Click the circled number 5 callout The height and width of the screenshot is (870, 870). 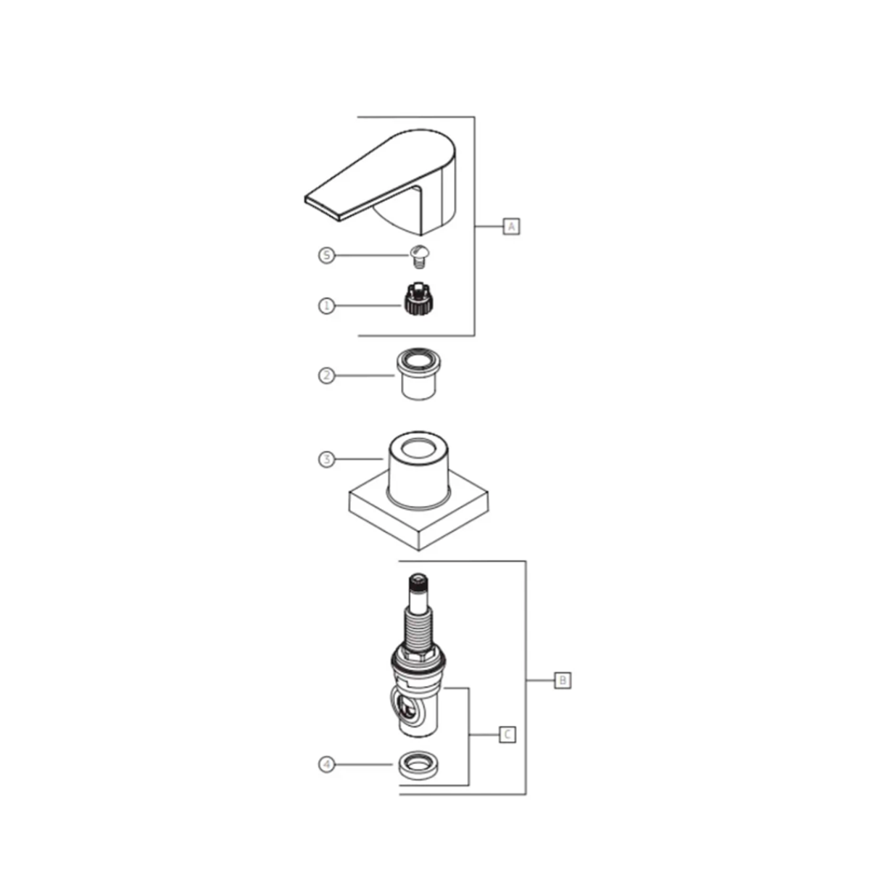[x=326, y=255]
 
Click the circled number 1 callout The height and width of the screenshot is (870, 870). [x=326, y=306]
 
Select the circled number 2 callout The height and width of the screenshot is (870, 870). [x=326, y=376]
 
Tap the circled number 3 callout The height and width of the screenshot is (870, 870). [x=326, y=460]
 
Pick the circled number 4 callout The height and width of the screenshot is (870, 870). [x=327, y=765]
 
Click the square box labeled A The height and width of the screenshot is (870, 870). [x=512, y=226]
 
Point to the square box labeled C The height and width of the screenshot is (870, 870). [x=507, y=735]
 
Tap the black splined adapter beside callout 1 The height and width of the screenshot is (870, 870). [x=418, y=299]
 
